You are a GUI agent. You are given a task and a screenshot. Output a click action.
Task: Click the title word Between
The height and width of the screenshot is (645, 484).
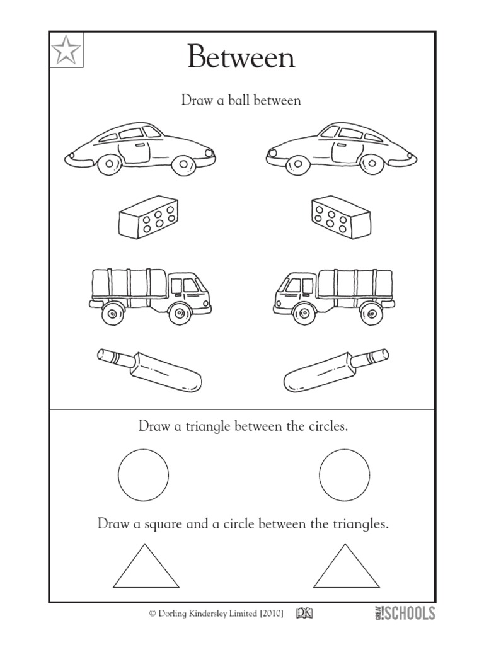pos(241,59)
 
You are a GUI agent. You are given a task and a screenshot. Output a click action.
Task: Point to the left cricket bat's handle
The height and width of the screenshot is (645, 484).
pos(114,357)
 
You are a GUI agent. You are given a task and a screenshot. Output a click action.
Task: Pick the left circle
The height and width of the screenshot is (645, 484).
pos(144,475)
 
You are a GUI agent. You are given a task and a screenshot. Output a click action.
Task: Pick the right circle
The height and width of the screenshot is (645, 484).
pos(344,475)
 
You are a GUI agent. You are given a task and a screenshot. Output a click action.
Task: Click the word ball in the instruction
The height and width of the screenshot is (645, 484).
pos(231,100)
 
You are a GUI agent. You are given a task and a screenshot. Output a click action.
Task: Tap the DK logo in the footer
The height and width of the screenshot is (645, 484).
pos(307,612)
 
